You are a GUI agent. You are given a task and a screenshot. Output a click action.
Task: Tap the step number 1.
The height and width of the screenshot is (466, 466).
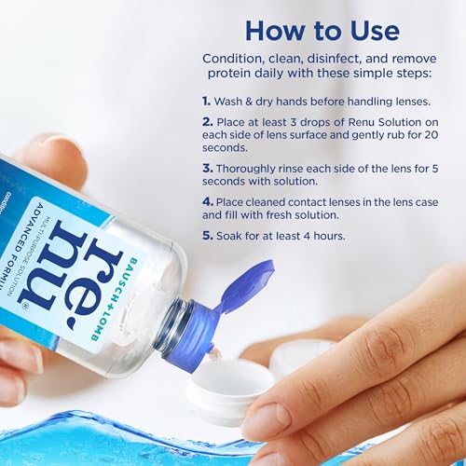point(207,99)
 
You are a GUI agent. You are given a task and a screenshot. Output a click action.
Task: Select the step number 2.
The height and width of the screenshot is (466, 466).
point(207,122)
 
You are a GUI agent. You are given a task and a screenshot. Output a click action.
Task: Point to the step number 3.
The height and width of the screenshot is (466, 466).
point(207,168)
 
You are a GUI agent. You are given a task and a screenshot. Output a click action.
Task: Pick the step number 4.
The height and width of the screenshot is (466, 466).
point(207,199)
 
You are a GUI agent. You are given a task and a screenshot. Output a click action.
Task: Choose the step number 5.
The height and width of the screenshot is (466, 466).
point(207,237)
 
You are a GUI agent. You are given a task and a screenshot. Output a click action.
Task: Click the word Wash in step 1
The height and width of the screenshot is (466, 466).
point(234,99)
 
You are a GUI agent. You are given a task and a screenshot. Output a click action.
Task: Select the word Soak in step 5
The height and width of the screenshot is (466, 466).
point(233,237)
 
